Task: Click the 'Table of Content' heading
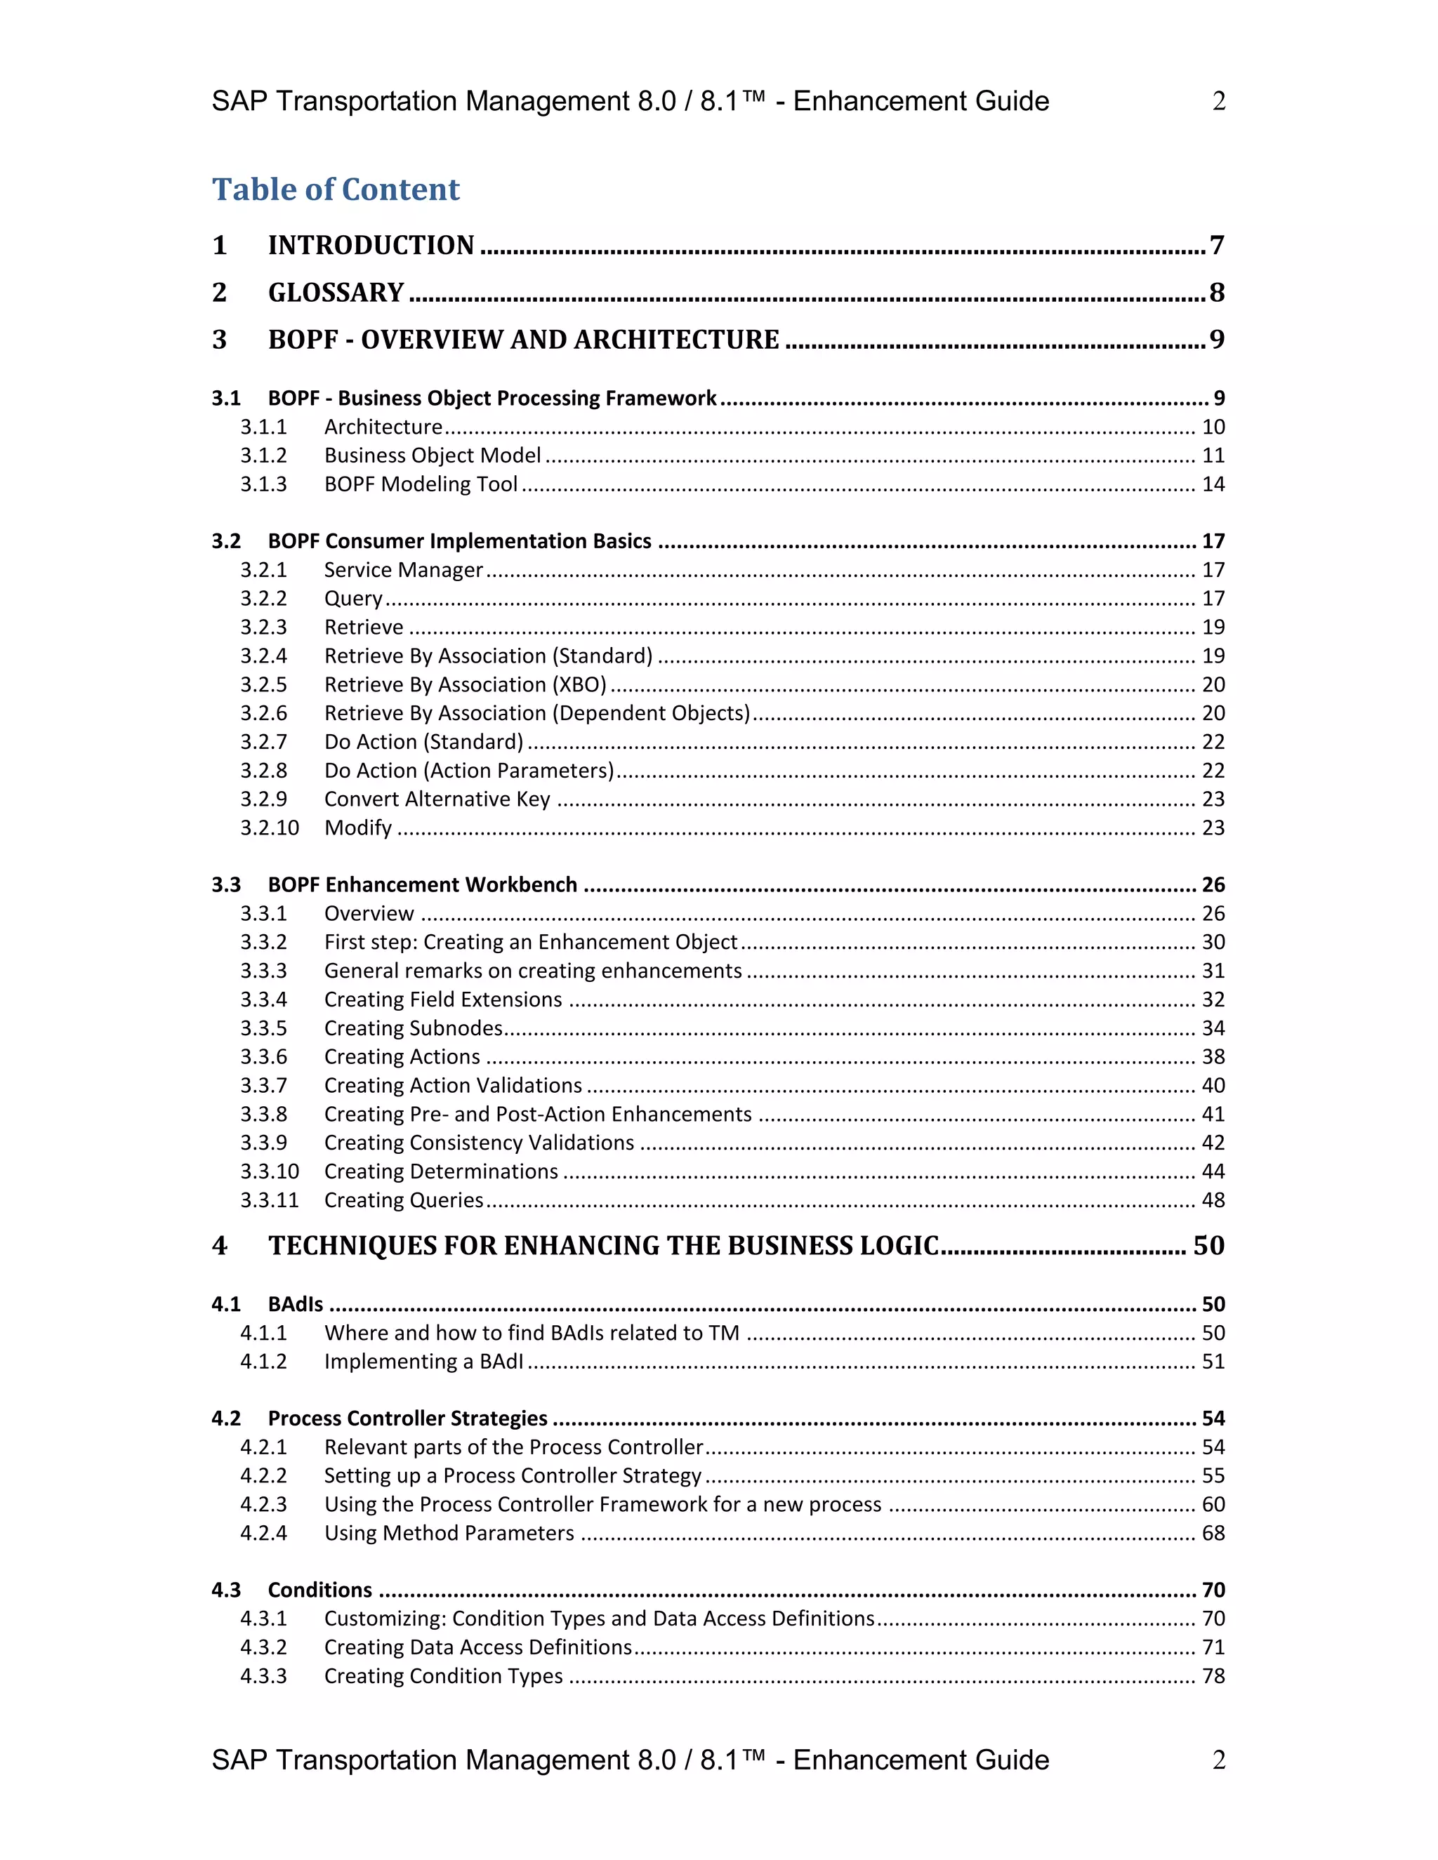point(336,189)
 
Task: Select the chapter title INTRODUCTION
point(371,245)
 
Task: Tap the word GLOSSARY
point(336,293)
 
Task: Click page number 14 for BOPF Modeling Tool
point(1212,484)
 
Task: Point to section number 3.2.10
point(269,828)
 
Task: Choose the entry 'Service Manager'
point(403,570)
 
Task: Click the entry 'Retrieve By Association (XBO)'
point(465,685)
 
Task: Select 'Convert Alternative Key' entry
point(437,799)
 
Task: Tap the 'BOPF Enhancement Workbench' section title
point(423,885)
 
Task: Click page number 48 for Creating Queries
point(1212,1200)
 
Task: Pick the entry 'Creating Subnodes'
point(413,1028)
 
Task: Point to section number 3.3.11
point(269,1200)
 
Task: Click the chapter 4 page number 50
point(1208,1246)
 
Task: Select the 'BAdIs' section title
point(296,1305)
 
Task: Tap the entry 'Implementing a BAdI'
point(423,1362)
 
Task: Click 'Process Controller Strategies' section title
point(407,1419)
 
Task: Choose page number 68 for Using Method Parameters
point(1212,1533)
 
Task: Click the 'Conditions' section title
point(319,1590)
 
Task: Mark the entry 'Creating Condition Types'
point(443,1676)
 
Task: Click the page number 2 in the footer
point(1219,1760)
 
